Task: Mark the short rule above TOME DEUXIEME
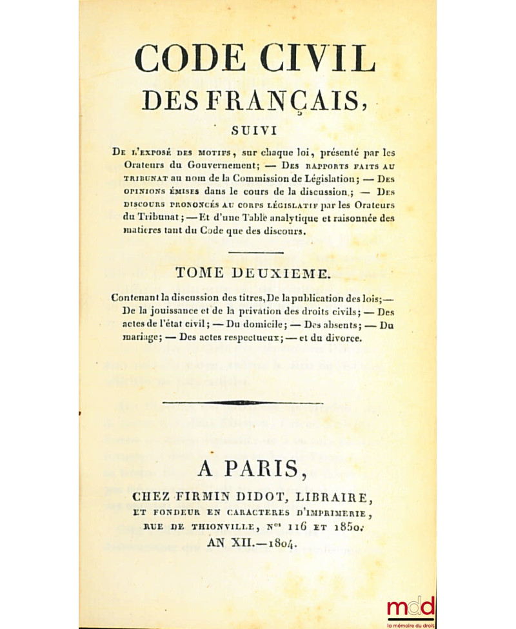(x=255, y=253)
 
